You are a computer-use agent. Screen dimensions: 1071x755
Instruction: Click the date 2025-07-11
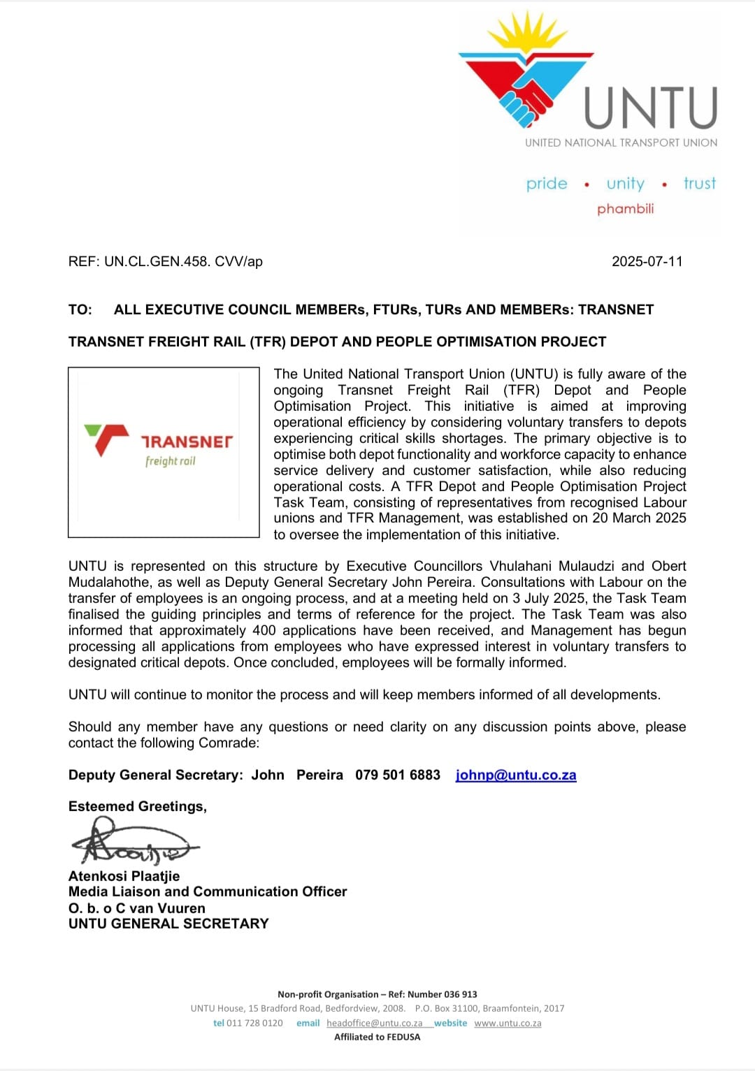tap(647, 262)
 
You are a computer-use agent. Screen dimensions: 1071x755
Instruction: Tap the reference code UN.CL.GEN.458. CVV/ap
tap(183, 262)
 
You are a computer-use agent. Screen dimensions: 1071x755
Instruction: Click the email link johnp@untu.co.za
tap(516, 775)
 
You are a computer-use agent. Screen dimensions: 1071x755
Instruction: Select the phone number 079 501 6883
tap(398, 775)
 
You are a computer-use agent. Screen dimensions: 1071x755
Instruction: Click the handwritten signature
tap(133, 843)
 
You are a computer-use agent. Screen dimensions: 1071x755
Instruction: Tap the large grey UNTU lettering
tap(651, 108)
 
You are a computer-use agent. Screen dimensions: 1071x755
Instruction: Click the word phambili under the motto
tap(626, 209)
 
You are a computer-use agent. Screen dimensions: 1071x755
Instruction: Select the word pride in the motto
tap(547, 184)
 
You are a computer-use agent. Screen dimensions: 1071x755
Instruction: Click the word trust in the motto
tap(700, 184)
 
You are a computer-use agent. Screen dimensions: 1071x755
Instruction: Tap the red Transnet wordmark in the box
tap(187, 442)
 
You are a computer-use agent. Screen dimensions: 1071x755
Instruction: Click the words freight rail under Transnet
tap(171, 461)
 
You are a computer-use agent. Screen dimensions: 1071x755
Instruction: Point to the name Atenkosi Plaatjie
tap(124, 876)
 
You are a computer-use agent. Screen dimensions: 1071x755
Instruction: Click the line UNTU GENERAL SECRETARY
tap(168, 924)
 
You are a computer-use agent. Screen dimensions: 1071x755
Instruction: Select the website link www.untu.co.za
tap(508, 1023)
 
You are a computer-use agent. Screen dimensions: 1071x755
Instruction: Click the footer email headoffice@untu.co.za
tap(374, 1023)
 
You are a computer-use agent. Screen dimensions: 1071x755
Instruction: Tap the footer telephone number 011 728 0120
tap(254, 1023)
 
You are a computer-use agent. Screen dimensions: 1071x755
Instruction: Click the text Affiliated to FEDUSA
tap(377, 1037)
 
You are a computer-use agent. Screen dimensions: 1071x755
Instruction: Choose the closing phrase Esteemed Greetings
tap(138, 806)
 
